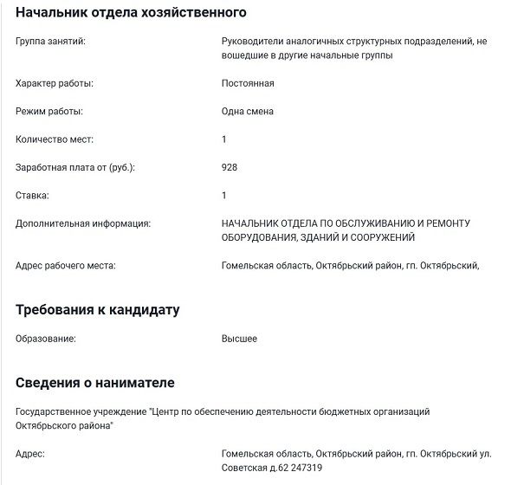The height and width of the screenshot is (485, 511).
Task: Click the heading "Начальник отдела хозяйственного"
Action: click(x=132, y=13)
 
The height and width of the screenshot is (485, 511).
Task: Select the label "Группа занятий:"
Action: click(x=50, y=41)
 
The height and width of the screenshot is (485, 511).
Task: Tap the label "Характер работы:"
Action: click(x=55, y=83)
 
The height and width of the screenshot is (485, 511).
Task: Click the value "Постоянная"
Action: click(x=248, y=83)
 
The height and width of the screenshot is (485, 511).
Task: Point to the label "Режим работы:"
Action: click(x=49, y=112)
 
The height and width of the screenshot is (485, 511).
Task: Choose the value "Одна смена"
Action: click(x=248, y=112)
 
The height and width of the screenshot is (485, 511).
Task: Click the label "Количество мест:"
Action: click(x=55, y=139)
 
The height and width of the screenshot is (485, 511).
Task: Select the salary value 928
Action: click(x=230, y=167)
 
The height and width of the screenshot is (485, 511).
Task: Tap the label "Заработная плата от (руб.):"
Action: click(x=75, y=167)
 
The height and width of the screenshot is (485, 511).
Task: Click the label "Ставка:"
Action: click(x=32, y=196)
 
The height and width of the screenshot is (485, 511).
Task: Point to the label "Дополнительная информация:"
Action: click(x=83, y=223)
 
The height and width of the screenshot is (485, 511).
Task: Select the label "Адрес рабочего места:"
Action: click(x=66, y=265)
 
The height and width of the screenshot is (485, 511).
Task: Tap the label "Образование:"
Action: click(x=46, y=339)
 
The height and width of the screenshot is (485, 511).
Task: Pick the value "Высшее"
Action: click(x=239, y=339)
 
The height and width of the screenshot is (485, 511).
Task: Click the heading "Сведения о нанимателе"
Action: click(x=95, y=382)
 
